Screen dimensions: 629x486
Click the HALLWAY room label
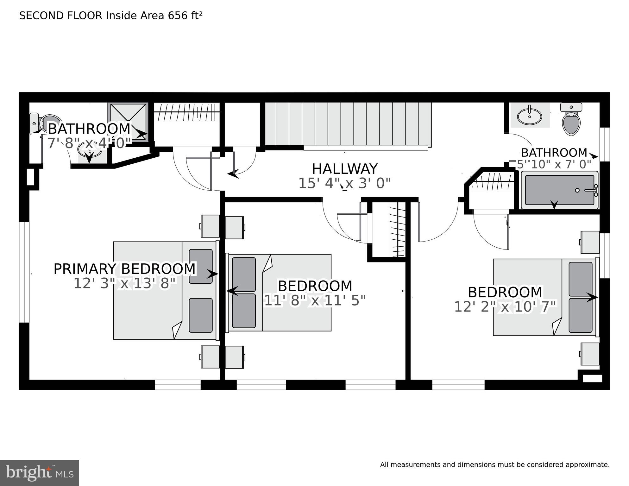345,169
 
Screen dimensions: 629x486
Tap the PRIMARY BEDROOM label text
125,269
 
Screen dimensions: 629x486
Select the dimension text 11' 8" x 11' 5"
315,300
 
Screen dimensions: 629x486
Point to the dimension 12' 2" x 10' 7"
505,306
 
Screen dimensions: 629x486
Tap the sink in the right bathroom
529,116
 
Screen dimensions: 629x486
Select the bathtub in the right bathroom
560,190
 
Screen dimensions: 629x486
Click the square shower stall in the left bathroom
128,121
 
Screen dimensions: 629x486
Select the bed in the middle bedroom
278,293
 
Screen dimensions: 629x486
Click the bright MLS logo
39,473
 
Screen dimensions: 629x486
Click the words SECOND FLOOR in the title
61,16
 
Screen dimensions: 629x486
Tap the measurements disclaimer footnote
495,465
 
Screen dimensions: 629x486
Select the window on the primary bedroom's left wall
24,272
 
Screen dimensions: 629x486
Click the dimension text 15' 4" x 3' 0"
345,183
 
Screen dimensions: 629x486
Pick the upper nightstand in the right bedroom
590,242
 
